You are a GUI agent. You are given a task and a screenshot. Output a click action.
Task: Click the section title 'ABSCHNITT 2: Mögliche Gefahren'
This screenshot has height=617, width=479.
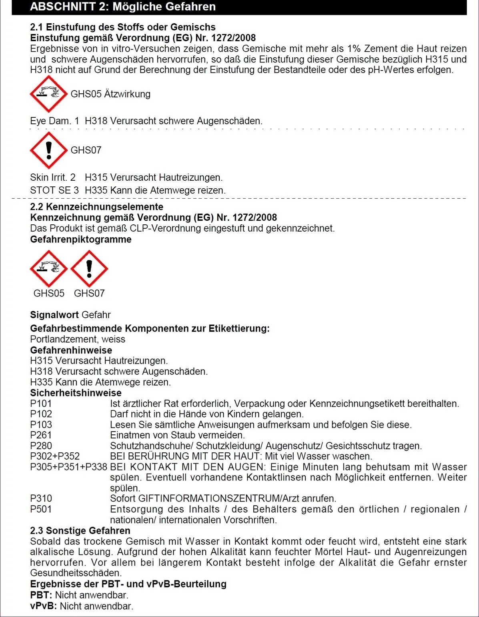coord(123,7)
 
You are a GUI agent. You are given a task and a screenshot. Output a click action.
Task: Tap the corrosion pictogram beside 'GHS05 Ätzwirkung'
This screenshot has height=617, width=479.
coord(48,94)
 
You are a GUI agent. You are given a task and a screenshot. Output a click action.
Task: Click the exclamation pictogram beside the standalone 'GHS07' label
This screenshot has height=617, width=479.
coord(48,150)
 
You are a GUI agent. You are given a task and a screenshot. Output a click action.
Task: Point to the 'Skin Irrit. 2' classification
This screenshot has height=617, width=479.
coord(53,177)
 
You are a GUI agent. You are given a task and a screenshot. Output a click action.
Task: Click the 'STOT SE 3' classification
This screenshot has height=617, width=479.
coord(54,190)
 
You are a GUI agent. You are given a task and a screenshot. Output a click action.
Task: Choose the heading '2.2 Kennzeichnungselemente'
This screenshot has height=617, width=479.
coord(96,207)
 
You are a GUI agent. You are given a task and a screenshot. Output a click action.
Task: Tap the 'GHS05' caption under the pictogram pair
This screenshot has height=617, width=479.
coord(49,293)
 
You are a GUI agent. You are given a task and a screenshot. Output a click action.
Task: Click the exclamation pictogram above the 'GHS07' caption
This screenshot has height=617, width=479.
coord(89,269)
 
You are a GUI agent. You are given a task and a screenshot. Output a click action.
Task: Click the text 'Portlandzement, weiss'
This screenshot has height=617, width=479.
coord(78,339)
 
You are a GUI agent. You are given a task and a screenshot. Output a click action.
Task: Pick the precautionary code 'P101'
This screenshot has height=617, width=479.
coord(41,403)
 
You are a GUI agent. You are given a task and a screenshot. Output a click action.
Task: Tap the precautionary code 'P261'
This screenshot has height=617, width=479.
coord(41,435)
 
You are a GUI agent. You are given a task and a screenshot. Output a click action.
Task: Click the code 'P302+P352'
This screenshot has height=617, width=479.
coord(55,456)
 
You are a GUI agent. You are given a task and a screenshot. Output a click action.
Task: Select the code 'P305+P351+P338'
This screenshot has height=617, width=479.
coord(68,467)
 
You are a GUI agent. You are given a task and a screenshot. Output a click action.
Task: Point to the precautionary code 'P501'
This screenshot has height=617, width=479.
coord(41,509)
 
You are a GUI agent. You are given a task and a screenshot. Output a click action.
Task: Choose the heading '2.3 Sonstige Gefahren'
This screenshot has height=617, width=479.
coord(80,531)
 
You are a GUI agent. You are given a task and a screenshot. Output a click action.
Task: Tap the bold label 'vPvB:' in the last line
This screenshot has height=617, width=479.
coord(44,606)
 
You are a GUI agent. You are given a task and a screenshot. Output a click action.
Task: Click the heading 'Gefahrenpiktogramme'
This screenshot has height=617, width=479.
coord(81,240)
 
